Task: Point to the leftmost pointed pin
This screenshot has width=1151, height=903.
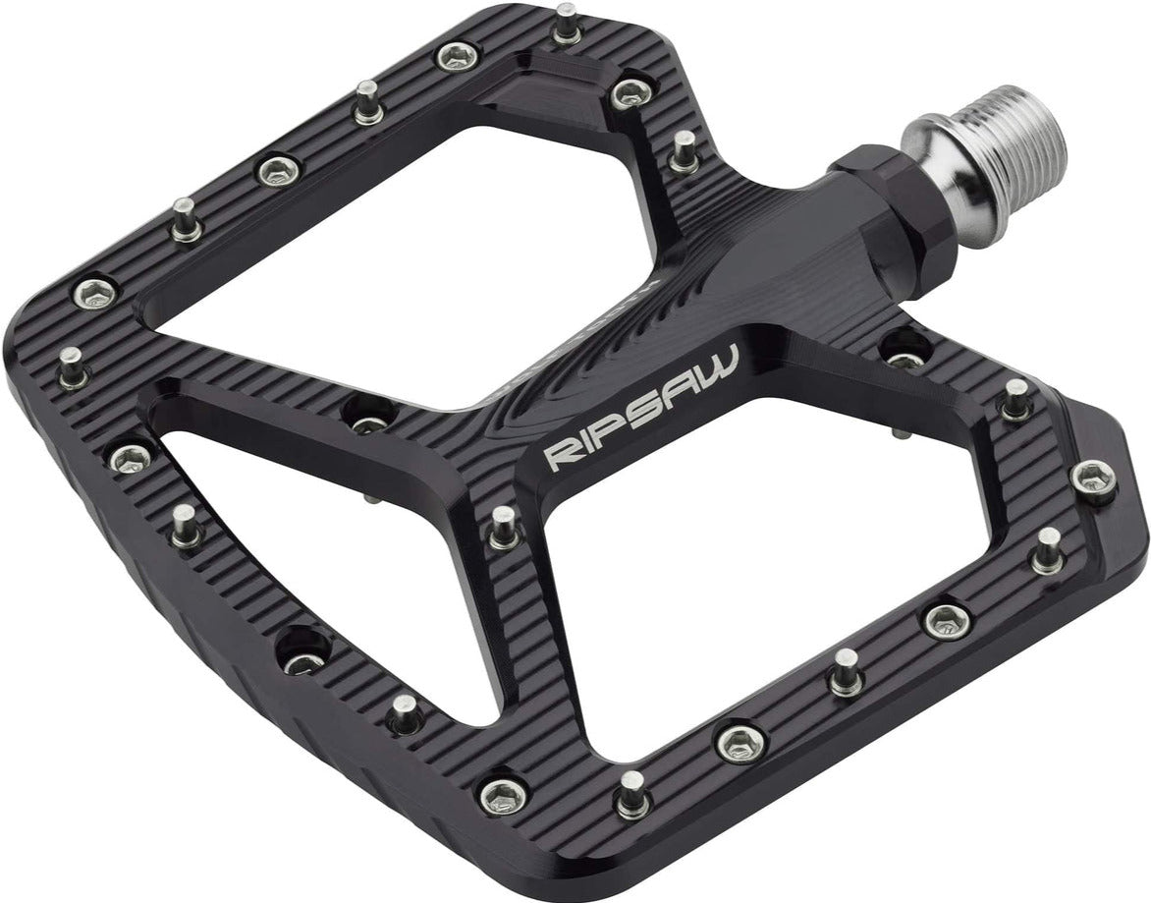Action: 71,367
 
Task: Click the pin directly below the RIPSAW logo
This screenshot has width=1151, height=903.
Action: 502,526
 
